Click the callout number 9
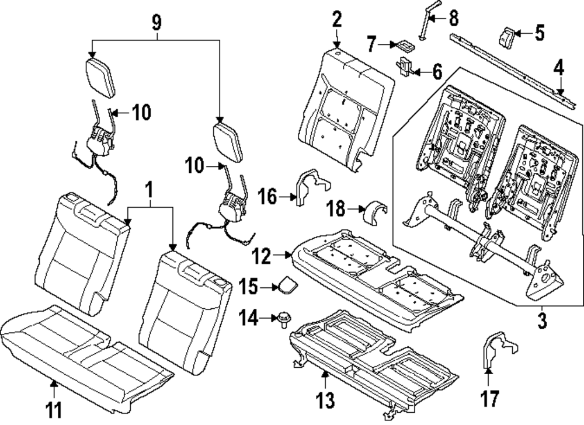point(157,23)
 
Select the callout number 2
point(337,19)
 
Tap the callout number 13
point(325,400)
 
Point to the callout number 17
point(489,398)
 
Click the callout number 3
point(542,321)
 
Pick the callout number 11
point(54,410)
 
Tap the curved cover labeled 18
point(376,212)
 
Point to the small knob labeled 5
point(507,37)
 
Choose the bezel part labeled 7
point(405,46)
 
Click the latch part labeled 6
point(405,66)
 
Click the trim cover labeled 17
point(499,350)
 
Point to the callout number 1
point(149,190)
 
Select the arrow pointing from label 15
point(269,287)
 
